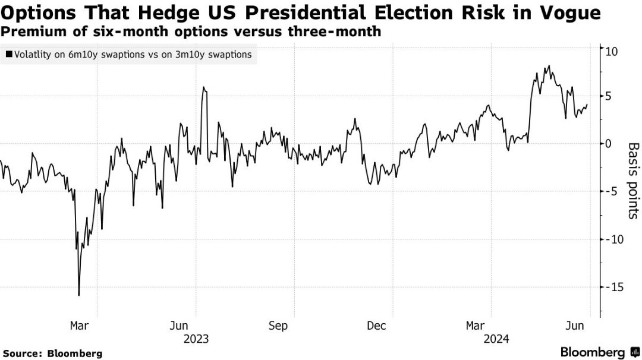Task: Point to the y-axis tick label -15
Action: pyautogui.click(x=614, y=287)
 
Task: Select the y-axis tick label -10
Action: pyautogui.click(x=614, y=239)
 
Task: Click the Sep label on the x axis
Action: pyautogui.click(x=278, y=326)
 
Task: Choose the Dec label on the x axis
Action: pyautogui.click(x=376, y=326)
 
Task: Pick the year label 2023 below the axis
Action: pyautogui.click(x=196, y=339)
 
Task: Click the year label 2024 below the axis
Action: pyautogui.click(x=495, y=339)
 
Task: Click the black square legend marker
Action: pyautogui.click(x=9, y=55)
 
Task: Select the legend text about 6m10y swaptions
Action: pyautogui.click(x=132, y=55)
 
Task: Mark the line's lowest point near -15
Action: pyautogui.click(x=78, y=295)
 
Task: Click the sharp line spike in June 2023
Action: pyautogui.click(x=203, y=87)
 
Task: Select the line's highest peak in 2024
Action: pyautogui.click(x=548, y=66)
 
